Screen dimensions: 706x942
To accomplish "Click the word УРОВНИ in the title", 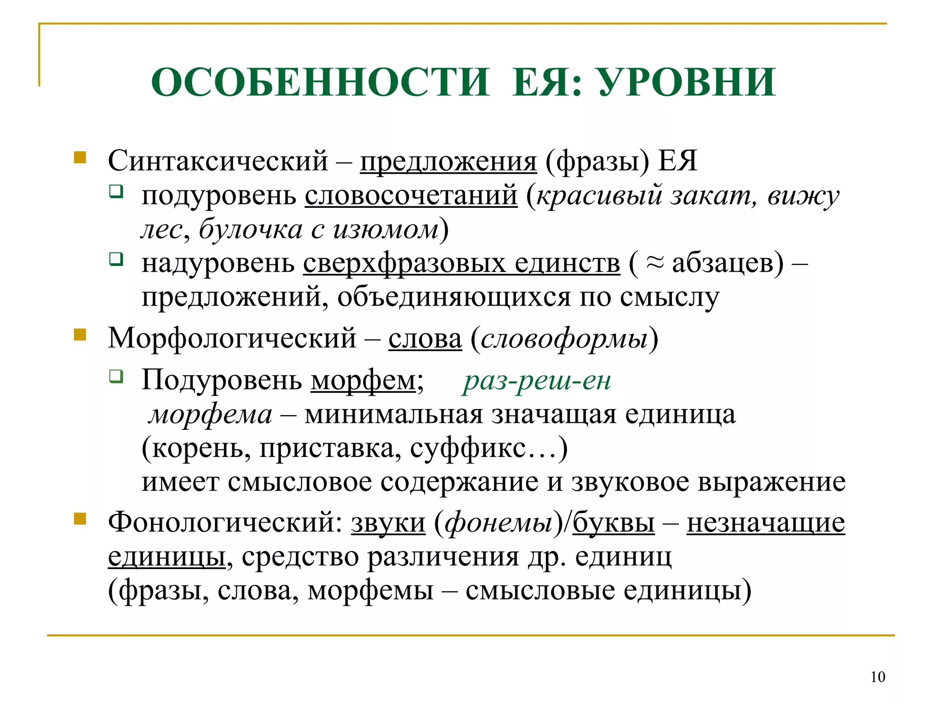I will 687,83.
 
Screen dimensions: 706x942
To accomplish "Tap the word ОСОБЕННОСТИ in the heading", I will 320,83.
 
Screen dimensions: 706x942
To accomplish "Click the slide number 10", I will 878,677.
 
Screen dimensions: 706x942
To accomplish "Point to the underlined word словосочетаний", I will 411,195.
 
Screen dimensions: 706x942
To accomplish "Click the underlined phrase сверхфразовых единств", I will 461,263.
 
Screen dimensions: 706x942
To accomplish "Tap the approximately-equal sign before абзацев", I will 655,263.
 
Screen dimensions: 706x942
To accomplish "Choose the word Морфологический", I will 232,339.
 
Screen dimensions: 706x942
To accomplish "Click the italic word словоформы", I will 564,339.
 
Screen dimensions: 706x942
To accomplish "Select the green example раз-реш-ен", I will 537,381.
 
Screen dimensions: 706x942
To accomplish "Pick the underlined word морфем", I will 363,381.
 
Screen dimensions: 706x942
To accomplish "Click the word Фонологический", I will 225,523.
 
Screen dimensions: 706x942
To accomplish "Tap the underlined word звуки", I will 388,523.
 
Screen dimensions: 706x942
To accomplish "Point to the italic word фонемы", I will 499,523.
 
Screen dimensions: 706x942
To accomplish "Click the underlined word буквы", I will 613,523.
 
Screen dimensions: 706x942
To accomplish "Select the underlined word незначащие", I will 765,523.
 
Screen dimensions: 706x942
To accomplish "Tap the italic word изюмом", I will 385,229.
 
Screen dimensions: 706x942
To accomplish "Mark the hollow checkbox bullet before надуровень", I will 116,259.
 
